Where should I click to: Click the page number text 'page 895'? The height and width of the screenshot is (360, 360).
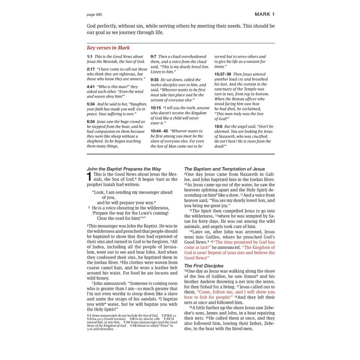click(95, 14)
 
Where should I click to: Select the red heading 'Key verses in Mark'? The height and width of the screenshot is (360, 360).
click(108, 48)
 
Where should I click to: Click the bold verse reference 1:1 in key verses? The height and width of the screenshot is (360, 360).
click(89, 57)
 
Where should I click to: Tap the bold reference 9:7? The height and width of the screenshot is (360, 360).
click(153, 57)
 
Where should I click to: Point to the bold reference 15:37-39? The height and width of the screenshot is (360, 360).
click(223, 74)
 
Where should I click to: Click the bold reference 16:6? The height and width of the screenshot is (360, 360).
click(218, 126)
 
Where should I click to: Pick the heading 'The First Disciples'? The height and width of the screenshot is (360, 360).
click(204, 266)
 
